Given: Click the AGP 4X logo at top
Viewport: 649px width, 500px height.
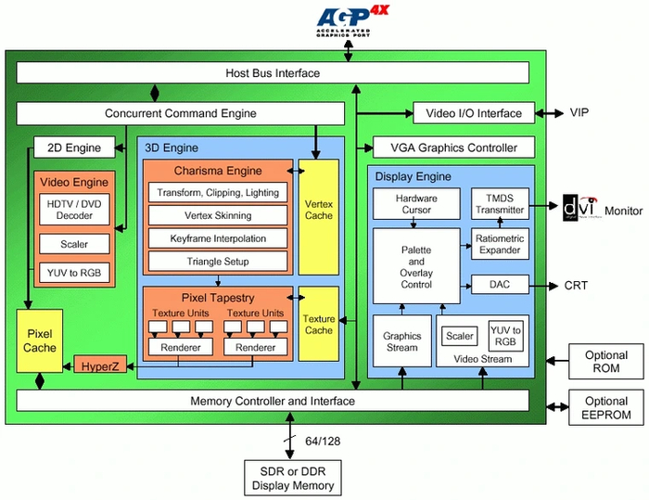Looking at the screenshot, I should point(348,19).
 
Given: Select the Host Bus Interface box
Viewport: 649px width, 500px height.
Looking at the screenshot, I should point(273,73).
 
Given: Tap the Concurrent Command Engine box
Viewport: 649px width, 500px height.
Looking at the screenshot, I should point(180,113).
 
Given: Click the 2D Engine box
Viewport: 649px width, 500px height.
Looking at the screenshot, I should point(74,147).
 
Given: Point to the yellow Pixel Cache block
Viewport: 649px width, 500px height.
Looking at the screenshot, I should point(41,340).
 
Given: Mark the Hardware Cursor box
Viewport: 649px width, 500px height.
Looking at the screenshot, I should point(415,204).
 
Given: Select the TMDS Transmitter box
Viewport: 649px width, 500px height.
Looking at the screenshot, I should point(500,204).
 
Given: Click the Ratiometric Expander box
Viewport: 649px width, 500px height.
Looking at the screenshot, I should point(500,244).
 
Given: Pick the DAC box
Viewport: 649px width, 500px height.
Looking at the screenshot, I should point(500,285).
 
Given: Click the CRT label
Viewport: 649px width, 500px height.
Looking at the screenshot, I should point(577,286).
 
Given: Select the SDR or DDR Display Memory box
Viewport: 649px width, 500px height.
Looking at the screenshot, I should point(290,478).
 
